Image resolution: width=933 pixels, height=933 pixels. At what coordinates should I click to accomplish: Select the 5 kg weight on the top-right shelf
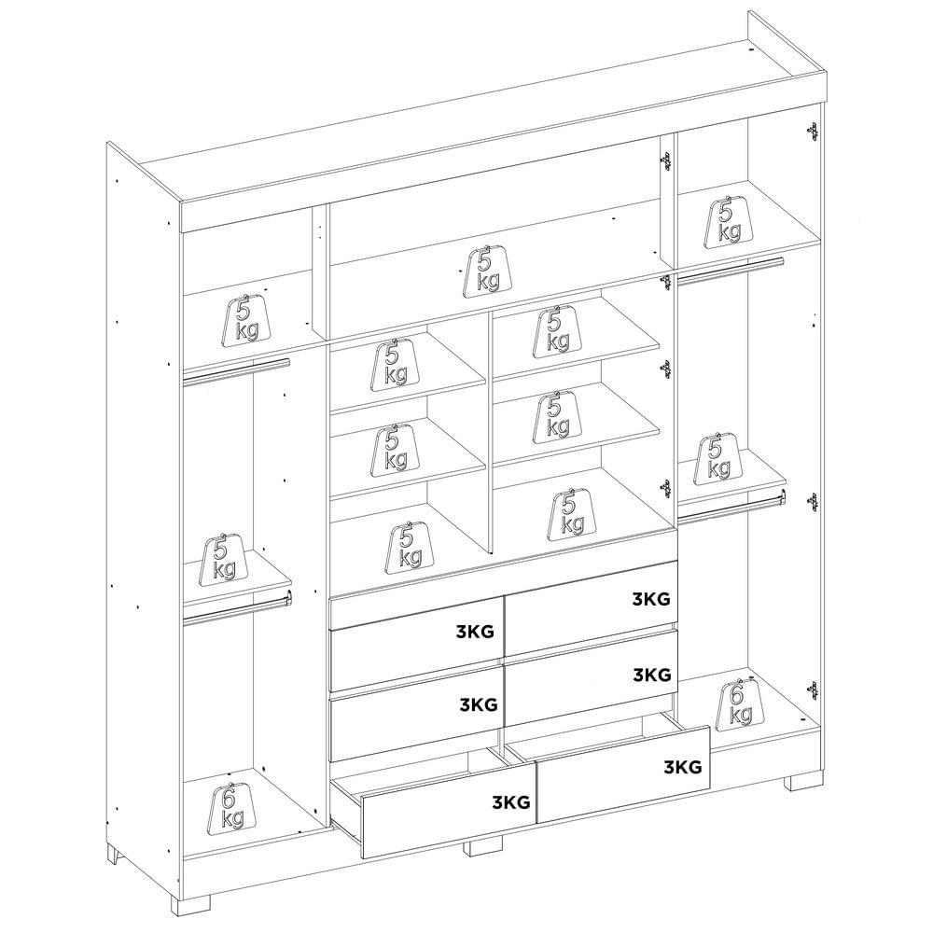pyautogui.click(x=728, y=221)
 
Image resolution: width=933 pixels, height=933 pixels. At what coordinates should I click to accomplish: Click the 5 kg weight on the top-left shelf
pyautogui.click(x=246, y=321)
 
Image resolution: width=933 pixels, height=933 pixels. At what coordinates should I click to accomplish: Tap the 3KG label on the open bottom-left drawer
pyautogui.click(x=510, y=802)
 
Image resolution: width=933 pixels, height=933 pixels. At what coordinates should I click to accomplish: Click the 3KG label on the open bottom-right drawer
pyautogui.click(x=683, y=767)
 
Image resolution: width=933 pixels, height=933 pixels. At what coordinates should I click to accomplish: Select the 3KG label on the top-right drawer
pyautogui.click(x=651, y=599)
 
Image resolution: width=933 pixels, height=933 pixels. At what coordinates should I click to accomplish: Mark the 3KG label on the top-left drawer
pyautogui.click(x=475, y=632)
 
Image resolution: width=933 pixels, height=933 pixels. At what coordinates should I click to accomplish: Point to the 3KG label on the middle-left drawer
pyautogui.click(x=479, y=705)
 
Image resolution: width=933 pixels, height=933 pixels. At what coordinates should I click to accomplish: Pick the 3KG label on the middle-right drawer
pyautogui.click(x=651, y=675)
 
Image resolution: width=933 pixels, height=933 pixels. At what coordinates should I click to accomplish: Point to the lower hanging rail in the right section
pyautogui.click(x=731, y=507)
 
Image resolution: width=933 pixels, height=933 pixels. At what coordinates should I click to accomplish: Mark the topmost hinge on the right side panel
pyautogui.click(x=812, y=132)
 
